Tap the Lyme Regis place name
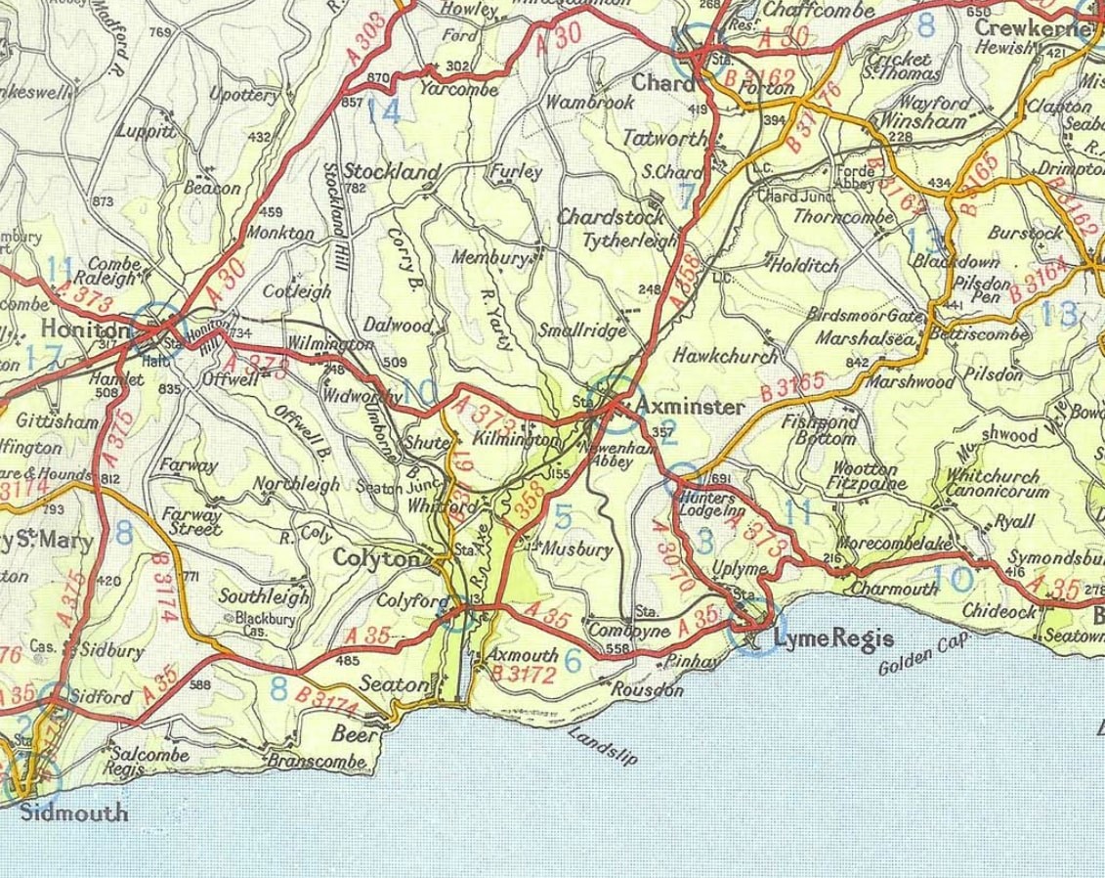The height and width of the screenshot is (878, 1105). pos(832,638)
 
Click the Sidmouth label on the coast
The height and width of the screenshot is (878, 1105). pos(74,812)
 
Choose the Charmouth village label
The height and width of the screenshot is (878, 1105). pos(894,589)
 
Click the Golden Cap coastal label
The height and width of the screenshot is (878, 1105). pos(923,655)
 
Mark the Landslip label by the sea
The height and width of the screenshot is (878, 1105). pos(595,748)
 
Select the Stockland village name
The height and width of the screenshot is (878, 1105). pos(392,171)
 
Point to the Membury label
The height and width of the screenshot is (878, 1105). pos(490,257)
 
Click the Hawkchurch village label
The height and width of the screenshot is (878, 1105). pos(726,356)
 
